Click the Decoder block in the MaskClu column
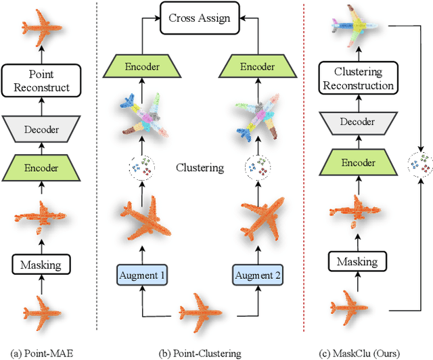[x=358, y=122]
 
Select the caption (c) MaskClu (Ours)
[x=357, y=351]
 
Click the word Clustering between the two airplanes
[x=200, y=166]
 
